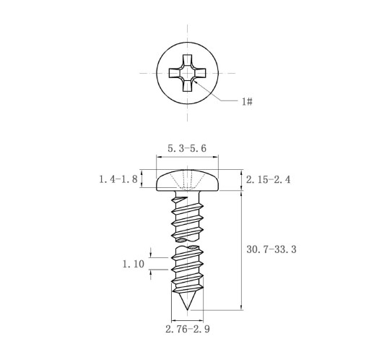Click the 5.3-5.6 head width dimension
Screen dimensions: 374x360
tap(187, 148)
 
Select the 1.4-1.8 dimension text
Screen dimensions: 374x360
tap(118, 179)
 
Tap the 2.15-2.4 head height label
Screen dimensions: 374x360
tap(268, 179)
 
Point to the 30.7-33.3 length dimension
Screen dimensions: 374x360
tap(271, 249)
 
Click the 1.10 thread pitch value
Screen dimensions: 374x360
tap(134, 264)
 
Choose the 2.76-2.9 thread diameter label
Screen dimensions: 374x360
tap(188, 329)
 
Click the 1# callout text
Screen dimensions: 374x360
tap(247, 101)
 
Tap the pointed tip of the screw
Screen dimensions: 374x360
tap(187, 309)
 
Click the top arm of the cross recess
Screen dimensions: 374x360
tap(187, 59)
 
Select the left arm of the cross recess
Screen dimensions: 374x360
tap(174, 73)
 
